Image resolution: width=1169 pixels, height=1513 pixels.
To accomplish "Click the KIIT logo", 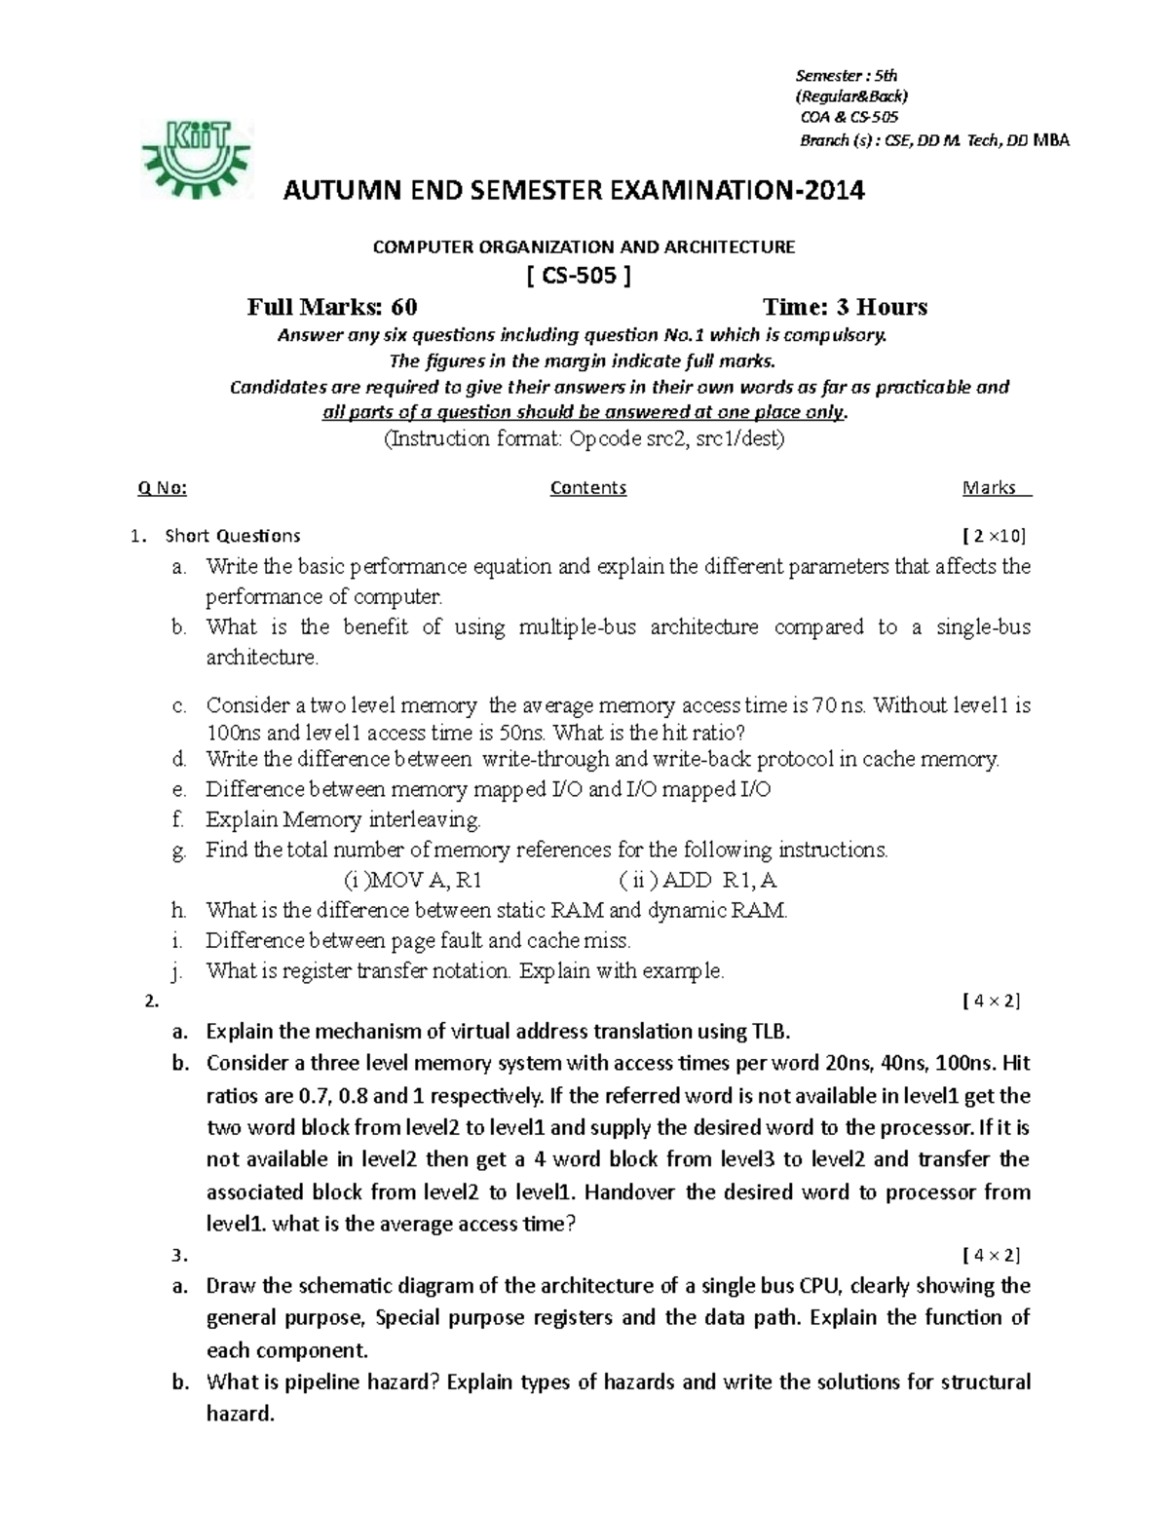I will (x=198, y=159).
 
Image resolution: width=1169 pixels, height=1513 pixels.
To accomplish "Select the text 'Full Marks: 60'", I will (x=332, y=308).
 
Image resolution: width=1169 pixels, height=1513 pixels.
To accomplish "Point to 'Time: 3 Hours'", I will (x=845, y=308).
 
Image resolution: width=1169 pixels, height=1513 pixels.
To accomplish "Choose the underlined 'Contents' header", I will (x=587, y=488).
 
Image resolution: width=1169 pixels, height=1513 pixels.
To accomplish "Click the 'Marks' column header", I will (x=990, y=488).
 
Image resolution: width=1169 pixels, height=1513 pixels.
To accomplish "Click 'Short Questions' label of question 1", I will (x=233, y=536).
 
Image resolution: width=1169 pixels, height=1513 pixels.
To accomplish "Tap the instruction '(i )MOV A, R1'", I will (x=414, y=881).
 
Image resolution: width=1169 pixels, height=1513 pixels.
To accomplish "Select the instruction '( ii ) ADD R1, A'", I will (x=698, y=881).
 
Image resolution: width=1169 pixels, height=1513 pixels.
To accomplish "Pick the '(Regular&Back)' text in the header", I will (x=851, y=96).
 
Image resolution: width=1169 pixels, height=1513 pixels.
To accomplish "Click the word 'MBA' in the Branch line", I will (x=1050, y=140).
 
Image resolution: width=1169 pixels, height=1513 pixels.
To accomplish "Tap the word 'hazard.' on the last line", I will (x=241, y=1414).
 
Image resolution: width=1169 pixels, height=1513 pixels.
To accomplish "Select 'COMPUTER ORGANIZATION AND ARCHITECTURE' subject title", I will (x=584, y=247).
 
